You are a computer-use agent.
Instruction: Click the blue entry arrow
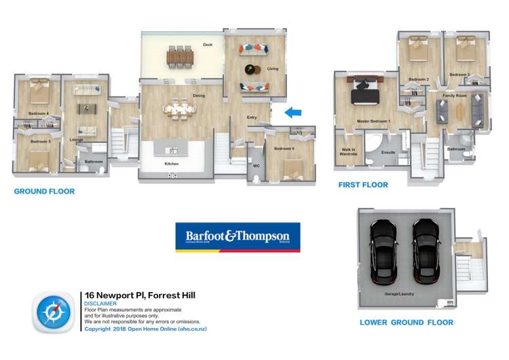[293, 112]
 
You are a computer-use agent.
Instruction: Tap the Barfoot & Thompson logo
[238, 237]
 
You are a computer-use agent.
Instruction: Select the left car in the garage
[381, 254]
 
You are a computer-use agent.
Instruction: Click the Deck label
[208, 45]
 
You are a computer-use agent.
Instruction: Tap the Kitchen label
[172, 164]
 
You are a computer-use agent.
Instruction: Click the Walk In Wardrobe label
[348, 151]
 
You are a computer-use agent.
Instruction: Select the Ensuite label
[388, 152]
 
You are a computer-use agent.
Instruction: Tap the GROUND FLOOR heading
[44, 192]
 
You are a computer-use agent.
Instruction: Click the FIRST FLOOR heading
[363, 185]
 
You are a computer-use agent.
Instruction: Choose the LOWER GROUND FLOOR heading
[406, 322]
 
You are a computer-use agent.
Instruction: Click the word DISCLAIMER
[100, 304]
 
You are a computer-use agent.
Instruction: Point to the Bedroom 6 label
[284, 148]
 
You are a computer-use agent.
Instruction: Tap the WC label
[256, 165]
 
